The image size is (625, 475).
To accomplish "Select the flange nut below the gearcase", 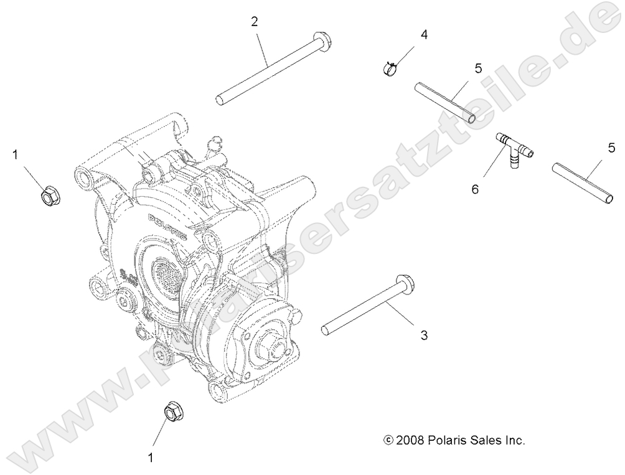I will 172,412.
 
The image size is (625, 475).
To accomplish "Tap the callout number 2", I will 255,21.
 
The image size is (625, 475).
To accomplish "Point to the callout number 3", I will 424,335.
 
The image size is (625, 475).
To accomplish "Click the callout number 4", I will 424,34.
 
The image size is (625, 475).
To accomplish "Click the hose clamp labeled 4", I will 390,67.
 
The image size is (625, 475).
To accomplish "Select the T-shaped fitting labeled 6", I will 510,149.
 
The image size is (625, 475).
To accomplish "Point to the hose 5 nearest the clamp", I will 446,102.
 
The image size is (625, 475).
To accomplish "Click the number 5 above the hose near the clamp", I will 477,68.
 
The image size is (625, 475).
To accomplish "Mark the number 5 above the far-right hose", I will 611,148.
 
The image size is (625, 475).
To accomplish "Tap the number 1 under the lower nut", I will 150,458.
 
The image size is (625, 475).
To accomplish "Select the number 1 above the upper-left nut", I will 15,154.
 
